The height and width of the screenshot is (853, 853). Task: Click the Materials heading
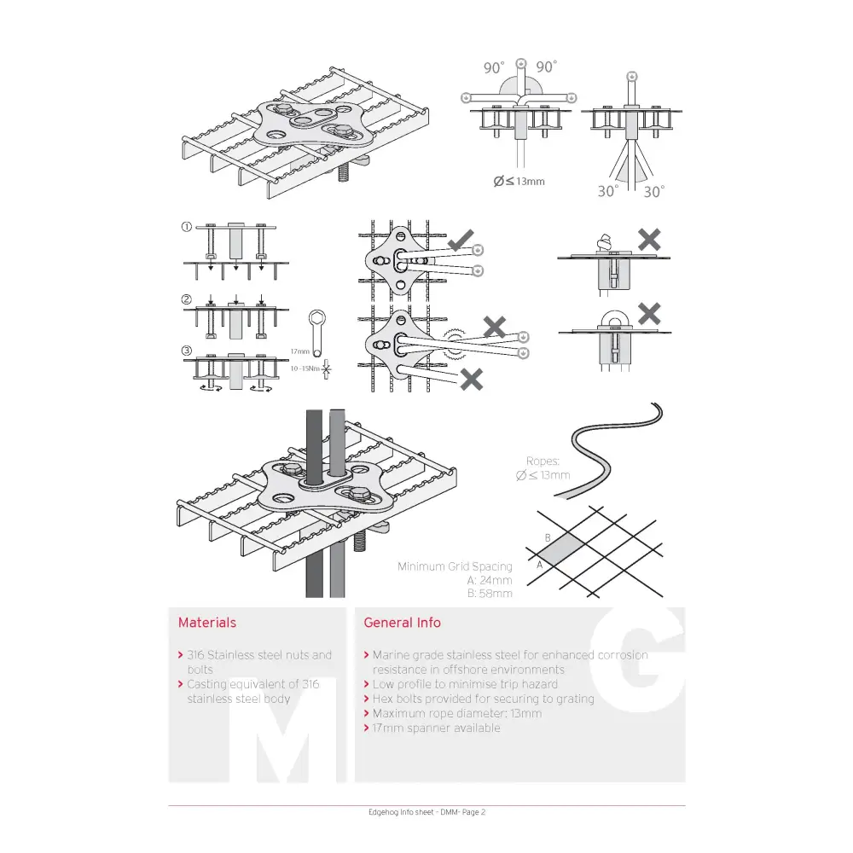(x=207, y=623)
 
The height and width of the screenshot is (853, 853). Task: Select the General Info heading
(x=402, y=623)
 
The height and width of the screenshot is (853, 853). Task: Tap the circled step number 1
(x=186, y=228)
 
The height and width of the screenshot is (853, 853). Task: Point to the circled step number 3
(x=186, y=351)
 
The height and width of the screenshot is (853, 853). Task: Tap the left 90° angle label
(x=494, y=67)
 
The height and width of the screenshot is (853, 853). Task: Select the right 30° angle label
(x=653, y=192)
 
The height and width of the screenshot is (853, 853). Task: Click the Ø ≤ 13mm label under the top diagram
(x=519, y=181)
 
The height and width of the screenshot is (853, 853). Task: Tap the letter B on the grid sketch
(x=548, y=537)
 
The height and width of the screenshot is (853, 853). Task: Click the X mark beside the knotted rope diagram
(x=649, y=240)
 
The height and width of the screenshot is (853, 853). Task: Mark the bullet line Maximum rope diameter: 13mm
(x=456, y=713)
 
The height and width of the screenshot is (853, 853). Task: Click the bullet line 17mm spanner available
(x=436, y=728)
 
